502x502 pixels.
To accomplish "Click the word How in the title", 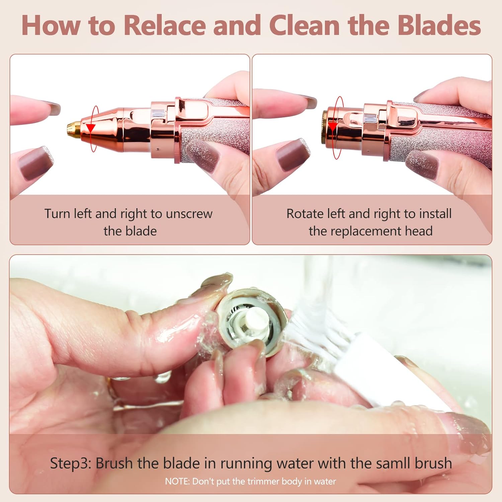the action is point(51,25).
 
